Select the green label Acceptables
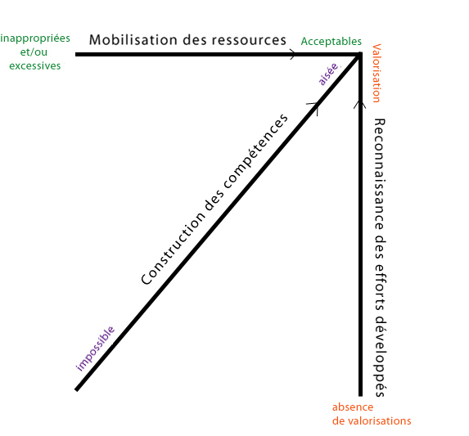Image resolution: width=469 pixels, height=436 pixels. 331,42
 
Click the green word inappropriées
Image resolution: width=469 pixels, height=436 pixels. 35,38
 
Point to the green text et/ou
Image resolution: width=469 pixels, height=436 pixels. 34,52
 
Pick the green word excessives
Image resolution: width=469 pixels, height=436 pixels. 35,65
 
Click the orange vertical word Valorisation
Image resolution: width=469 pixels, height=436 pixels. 377,74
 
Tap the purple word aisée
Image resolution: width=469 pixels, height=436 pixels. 329,74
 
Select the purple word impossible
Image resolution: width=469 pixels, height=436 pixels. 95,348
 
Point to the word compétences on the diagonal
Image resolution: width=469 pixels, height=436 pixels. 255,151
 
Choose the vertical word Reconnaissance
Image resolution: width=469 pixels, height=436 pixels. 379,174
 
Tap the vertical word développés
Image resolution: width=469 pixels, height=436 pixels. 380,358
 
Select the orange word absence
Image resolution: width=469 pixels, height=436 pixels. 353,407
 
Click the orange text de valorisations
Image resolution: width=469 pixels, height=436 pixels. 372,420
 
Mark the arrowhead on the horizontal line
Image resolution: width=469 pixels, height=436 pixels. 292,54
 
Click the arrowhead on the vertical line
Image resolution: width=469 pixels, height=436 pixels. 360,105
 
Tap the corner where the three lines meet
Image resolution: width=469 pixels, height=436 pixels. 360,54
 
